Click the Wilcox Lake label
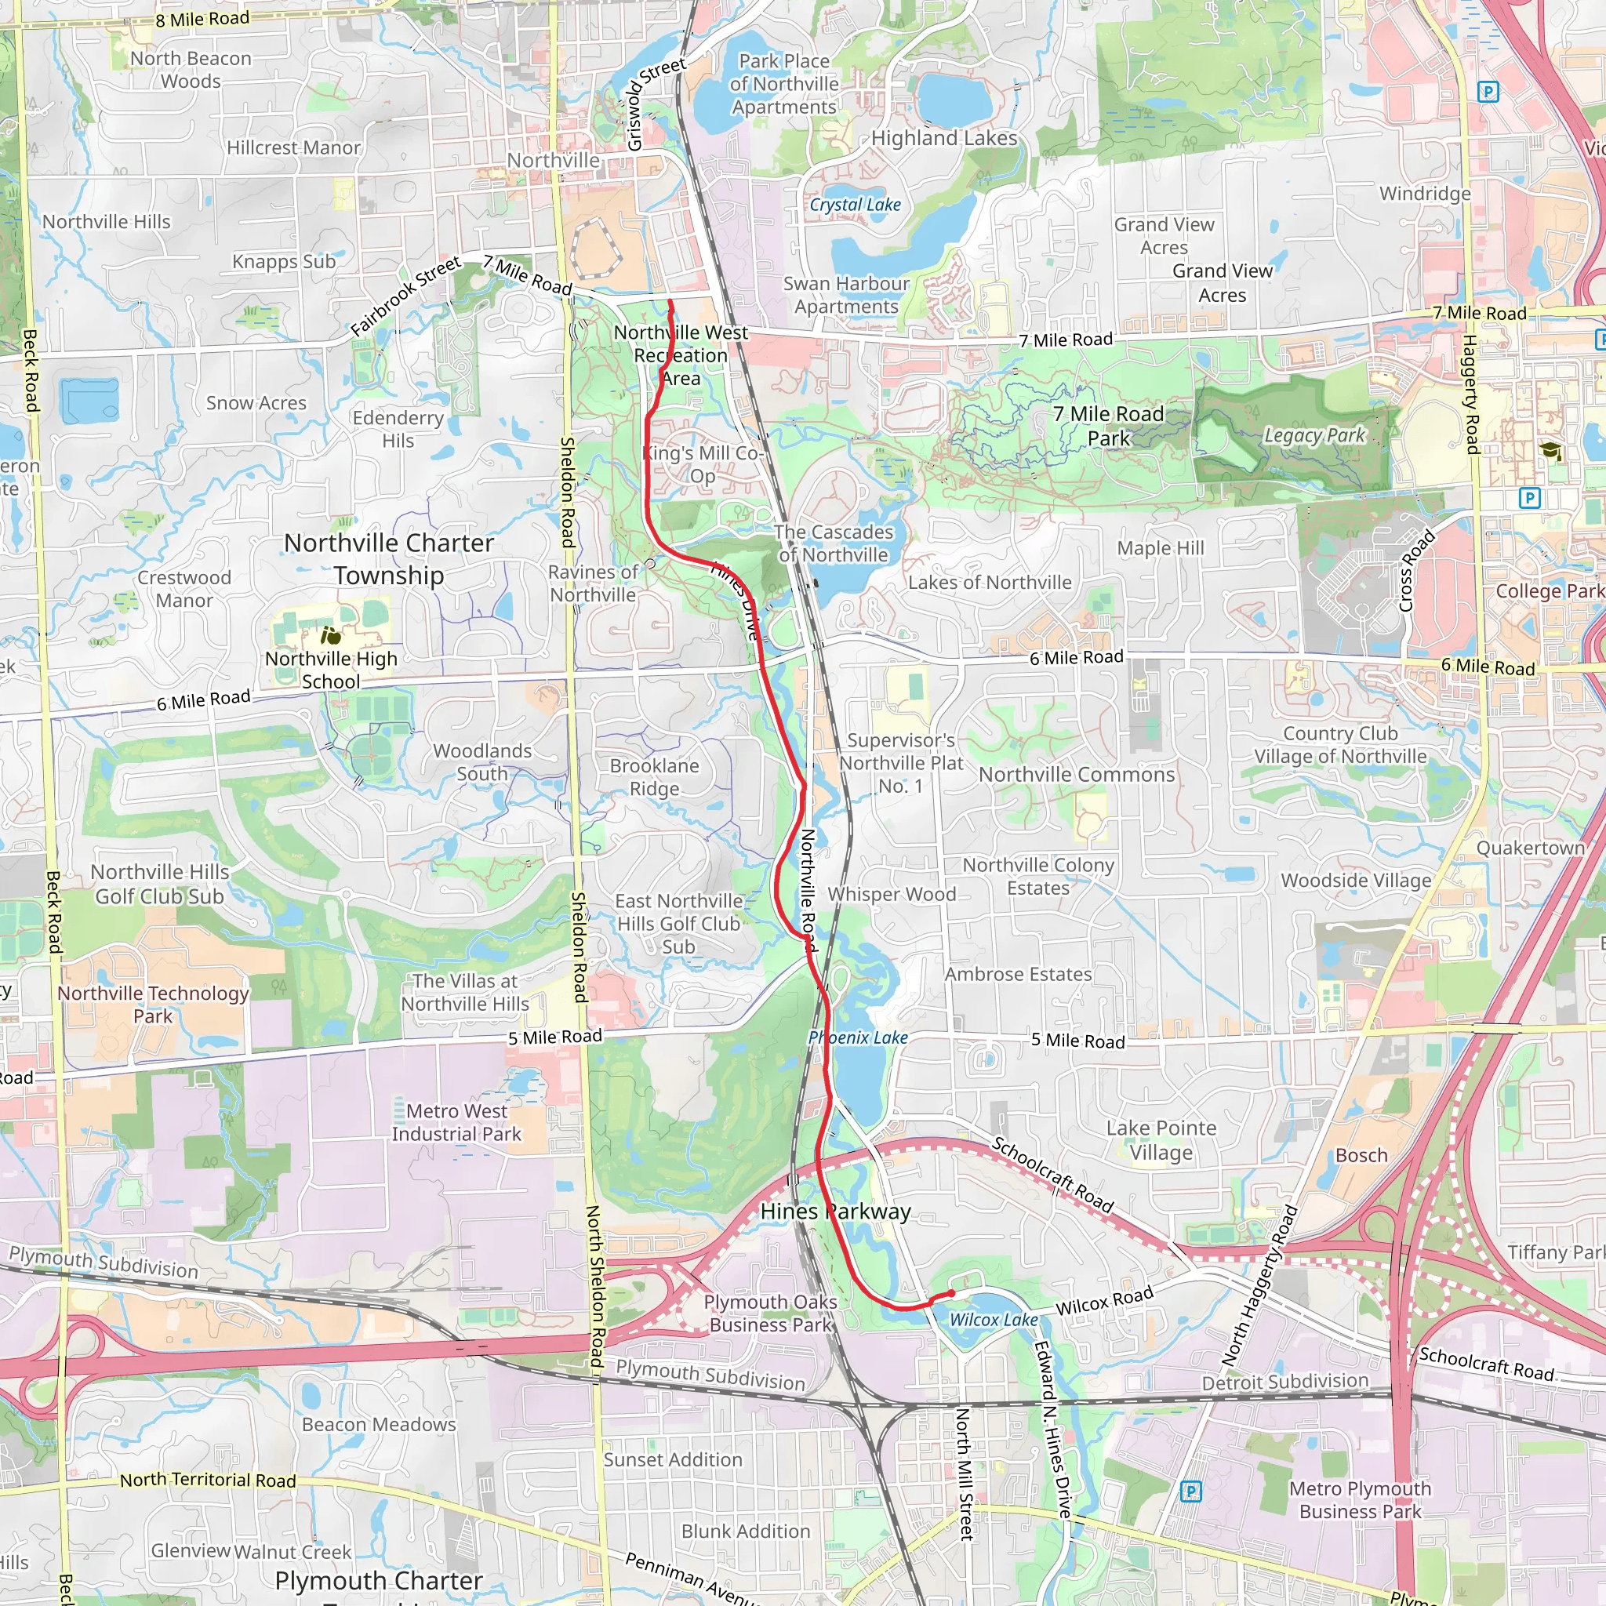[x=994, y=1320]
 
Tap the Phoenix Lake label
[x=858, y=1037]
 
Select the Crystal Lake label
[x=855, y=205]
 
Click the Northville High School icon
[x=331, y=637]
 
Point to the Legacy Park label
[x=1314, y=434]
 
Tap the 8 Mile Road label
[x=202, y=18]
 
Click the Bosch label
[x=1361, y=1155]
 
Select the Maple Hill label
[x=1161, y=548]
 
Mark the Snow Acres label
[x=256, y=403]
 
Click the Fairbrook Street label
[x=405, y=296]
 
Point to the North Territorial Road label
[x=208, y=1480]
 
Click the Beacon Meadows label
[x=378, y=1424]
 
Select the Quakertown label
[x=1531, y=848]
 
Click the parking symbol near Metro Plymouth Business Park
[x=1191, y=1492]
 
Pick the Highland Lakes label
[x=943, y=138]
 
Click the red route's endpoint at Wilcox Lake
[x=952, y=1293]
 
